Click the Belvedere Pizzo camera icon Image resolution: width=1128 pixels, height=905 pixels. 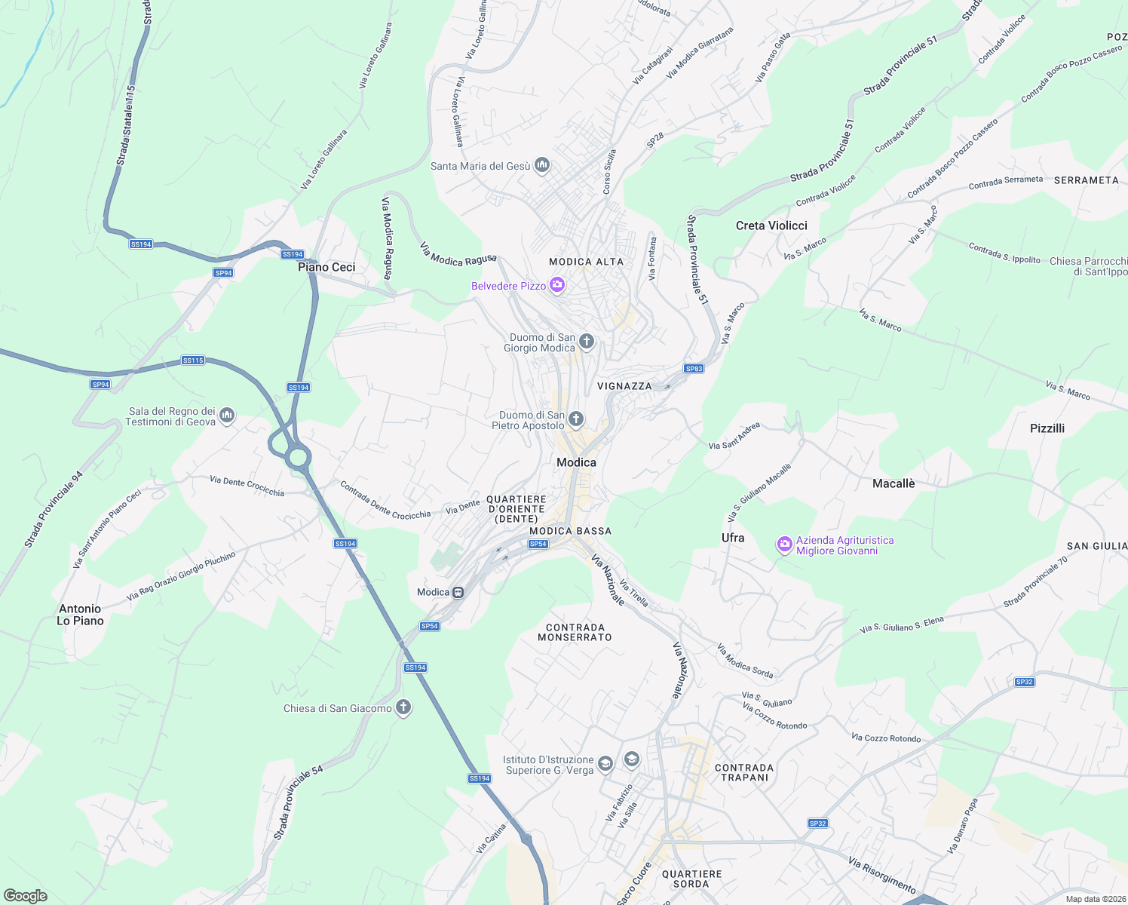(557, 284)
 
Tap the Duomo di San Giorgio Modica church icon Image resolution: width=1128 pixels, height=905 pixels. (587, 342)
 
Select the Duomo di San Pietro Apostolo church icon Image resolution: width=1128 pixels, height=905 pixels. (576, 419)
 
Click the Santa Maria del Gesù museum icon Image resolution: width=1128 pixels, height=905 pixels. (541, 165)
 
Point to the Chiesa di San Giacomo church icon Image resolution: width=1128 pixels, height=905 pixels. (403, 707)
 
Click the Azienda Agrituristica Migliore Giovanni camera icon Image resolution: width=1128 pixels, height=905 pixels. (785, 544)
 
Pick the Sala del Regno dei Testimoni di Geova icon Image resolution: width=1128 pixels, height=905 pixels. (227, 416)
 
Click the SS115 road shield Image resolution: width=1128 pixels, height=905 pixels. (193, 360)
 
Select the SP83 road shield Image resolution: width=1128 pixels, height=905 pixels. (694, 368)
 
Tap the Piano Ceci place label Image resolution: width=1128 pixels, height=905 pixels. (326, 267)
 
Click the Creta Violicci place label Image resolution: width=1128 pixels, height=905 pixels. (771, 225)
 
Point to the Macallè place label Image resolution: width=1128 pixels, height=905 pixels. (894, 483)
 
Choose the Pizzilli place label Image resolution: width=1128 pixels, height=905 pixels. (1047, 428)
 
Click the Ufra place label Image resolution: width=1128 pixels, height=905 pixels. (733, 538)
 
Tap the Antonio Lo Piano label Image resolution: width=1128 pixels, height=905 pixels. (80, 615)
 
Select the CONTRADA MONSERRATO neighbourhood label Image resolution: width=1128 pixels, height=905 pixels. (575, 632)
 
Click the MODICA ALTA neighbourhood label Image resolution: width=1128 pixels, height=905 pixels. (587, 262)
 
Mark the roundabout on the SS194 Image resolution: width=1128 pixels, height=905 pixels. (298, 456)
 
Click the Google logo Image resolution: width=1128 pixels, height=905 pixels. (26, 896)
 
